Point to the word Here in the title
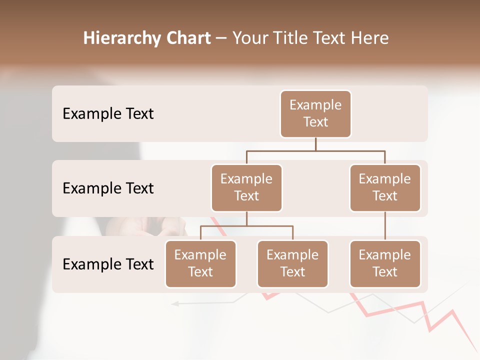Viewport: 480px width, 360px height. tap(370, 38)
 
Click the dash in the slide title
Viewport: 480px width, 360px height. tap(221, 39)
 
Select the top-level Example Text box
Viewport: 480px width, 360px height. tap(315, 113)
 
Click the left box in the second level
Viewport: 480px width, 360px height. tap(246, 187)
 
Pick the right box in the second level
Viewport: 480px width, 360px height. tap(385, 187)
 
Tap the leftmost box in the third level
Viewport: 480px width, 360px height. tap(200, 263)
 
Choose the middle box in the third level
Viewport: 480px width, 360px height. tap(292, 263)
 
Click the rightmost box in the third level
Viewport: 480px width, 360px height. tap(385, 263)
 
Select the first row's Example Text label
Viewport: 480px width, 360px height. tap(108, 114)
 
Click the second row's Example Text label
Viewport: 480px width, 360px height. tap(108, 188)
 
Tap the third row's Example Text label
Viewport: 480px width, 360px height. tap(108, 264)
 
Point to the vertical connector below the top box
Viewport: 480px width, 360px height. tap(315, 144)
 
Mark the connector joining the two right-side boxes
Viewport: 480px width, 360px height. tap(385, 226)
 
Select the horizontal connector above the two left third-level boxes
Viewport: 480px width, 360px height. tap(246, 226)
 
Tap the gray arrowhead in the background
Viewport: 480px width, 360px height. tap(175, 303)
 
